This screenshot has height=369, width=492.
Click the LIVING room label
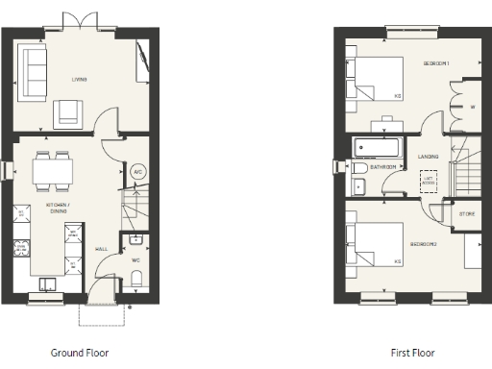coord(79,79)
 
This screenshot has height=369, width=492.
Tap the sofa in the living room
coord(33,72)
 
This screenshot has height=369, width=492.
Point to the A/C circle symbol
coord(137,173)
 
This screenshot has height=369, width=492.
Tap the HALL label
coord(101,248)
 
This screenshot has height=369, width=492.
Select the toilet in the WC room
coord(136,278)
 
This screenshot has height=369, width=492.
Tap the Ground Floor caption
coord(82,353)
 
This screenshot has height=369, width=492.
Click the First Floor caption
coord(413,353)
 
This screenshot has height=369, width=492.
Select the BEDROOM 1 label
coord(437,63)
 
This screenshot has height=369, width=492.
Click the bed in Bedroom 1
coord(376,79)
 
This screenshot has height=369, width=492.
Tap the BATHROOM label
coord(382,167)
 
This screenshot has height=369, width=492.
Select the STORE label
coord(466,213)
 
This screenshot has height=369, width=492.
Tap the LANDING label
coord(429,157)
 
